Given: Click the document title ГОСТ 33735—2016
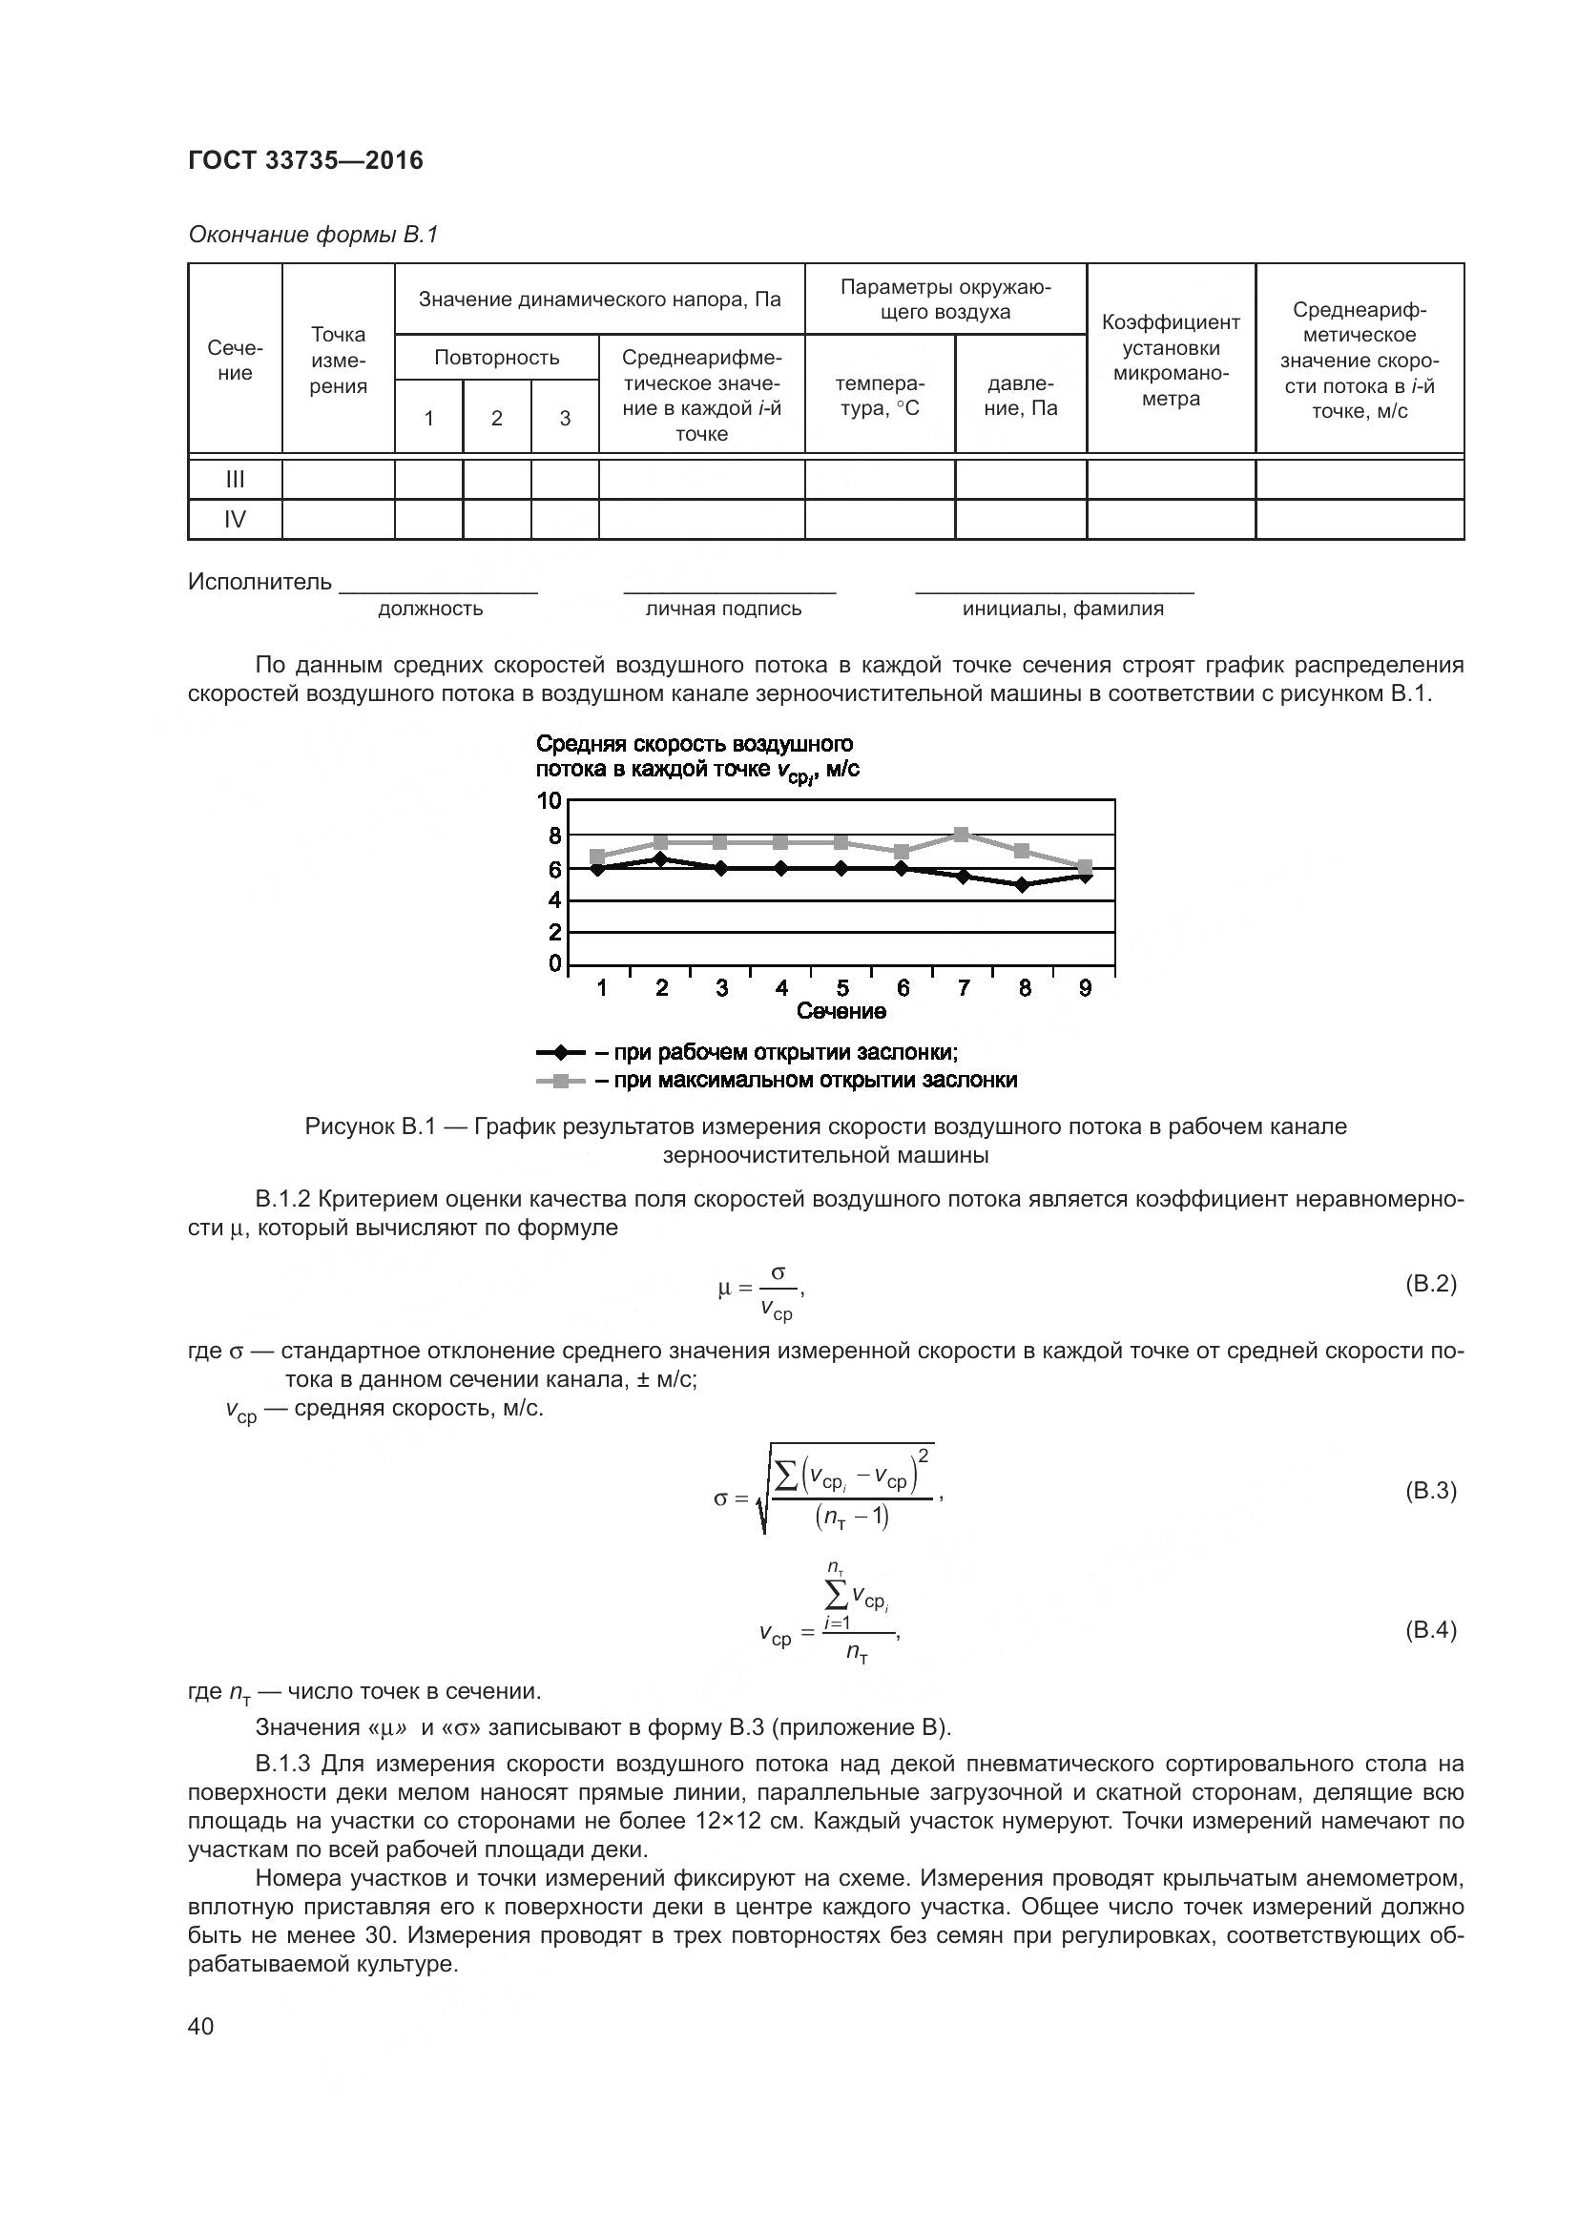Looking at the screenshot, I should [x=305, y=160].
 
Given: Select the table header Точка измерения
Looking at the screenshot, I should [x=338, y=361].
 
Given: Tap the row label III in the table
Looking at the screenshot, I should [x=235, y=479].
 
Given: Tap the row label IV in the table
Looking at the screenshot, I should [x=235, y=520].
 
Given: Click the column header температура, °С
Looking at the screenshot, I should [x=880, y=396].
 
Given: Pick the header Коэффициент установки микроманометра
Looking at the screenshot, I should [x=1171, y=361].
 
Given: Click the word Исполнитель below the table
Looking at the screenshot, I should [x=260, y=582].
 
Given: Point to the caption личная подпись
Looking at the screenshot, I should [x=724, y=609].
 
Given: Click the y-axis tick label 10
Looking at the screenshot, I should [x=549, y=800].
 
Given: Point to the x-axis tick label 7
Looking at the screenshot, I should [x=964, y=988].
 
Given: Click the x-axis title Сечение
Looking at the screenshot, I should [x=841, y=1011].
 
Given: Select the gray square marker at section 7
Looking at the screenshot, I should [x=962, y=835].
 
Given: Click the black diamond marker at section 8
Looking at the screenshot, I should [x=1022, y=885].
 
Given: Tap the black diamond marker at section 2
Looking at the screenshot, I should [x=661, y=859].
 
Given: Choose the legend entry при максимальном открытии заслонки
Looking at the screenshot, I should [x=805, y=1081].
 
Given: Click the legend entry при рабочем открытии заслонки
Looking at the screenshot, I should [x=777, y=1053].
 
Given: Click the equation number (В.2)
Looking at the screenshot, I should [x=1430, y=1285].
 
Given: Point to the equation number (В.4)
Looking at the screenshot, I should [x=1430, y=1629].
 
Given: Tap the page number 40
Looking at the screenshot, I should [x=201, y=2027].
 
